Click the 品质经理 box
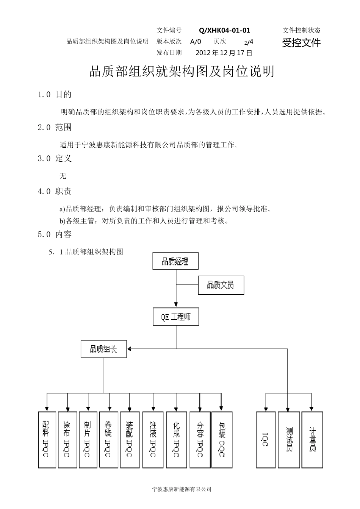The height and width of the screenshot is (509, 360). point(175,261)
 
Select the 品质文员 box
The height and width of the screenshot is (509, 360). point(221,285)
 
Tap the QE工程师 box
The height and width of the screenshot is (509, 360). point(176,317)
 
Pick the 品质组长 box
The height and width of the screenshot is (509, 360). point(103,349)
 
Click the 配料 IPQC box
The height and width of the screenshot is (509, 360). point(47,439)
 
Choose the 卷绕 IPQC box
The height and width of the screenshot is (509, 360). point(108,439)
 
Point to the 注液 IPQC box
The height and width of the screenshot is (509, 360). point(153,439)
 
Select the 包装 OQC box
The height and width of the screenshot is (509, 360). point(221,439)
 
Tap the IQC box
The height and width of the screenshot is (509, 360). point(266,439)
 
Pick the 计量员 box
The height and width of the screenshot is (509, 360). point(312,439)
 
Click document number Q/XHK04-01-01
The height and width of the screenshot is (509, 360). point(224,31)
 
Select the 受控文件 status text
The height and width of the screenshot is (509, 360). point(301,43)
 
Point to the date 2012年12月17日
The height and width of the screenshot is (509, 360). point(224,53)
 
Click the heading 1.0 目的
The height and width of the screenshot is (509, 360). point(55,94)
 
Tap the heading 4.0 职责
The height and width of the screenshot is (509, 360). point(55,192)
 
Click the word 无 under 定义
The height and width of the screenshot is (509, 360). point(63,176)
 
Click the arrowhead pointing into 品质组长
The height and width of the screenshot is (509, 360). point(129,348)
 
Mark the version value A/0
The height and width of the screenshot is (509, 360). point(196,42)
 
